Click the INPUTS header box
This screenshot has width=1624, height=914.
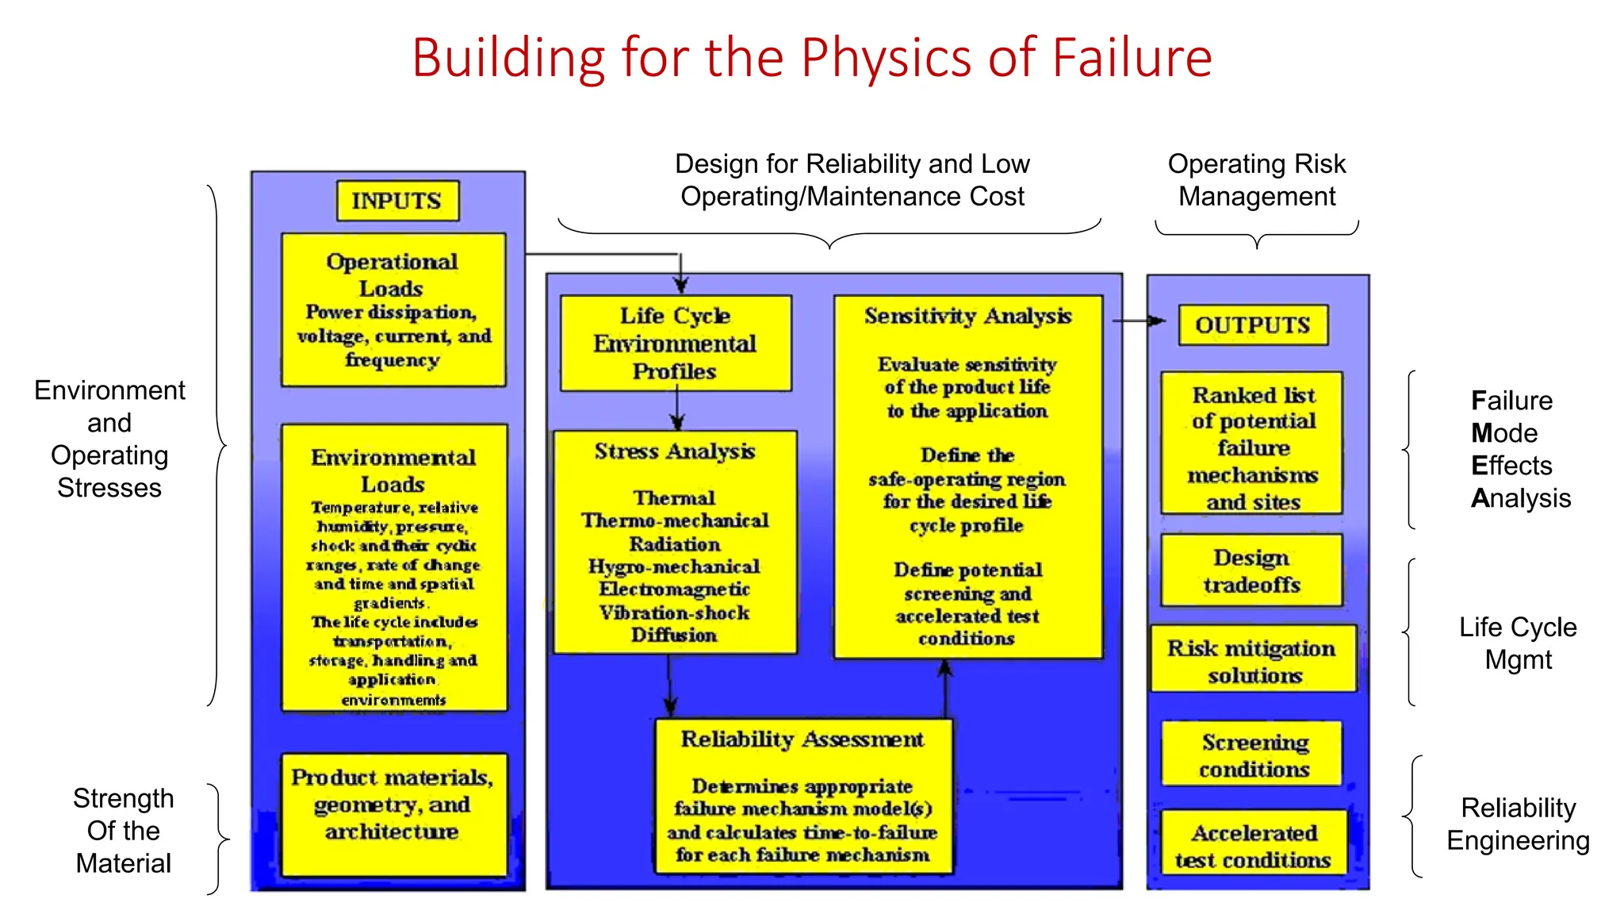(x=396, y=201)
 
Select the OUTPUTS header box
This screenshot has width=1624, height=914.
(x=1253, y=325)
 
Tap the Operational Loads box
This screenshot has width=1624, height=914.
(x=393, y=309)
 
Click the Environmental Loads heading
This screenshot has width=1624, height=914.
(x=393, y=470)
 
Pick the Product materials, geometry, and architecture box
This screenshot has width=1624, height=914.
(x=393, y=814)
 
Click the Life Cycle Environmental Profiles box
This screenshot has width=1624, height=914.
(x=675, y=344)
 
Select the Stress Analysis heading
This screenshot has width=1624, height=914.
(x=675, y=451)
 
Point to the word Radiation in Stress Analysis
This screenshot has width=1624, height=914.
(x=675, y=544)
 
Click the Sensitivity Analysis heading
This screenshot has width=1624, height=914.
(x=967, y=316)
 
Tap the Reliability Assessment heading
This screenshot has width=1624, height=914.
(x=802, y=739)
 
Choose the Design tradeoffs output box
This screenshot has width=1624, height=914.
(x=1251, y=571)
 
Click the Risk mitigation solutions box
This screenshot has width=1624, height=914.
(x=1253, y=660)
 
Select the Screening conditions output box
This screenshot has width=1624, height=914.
(x=1253, y=755)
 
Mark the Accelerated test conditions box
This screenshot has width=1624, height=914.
(x=1253, y=845)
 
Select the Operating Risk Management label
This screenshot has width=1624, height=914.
(x=1257, y=180)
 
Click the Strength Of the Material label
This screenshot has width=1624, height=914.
(x=123, y=830)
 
